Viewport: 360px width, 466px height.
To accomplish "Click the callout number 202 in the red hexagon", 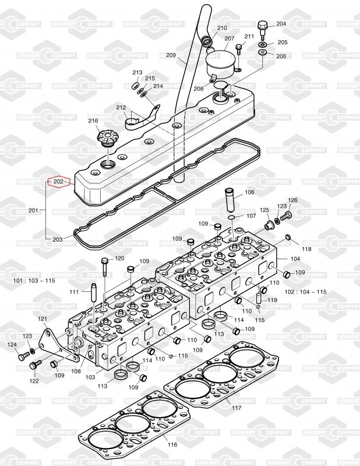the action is pyautogui.click(x=58, y=182).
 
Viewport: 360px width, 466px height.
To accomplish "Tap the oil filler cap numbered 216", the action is pyautogui.click(x=107, y=138).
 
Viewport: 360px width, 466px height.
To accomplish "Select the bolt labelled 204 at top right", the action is pyautogui.click(x=263, y=30).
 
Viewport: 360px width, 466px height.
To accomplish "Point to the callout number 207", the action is pyautogui.click(x=229, y=38).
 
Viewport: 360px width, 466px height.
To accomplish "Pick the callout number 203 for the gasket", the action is pyautogui.click(x=57, y=239).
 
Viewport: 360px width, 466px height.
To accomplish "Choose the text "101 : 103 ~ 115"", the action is pyautogui.click(x=34, y=281).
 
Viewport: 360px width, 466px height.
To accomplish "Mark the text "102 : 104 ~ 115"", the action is pyautogui.click(x=306, y=292).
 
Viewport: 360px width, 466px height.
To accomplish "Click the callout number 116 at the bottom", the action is pyautogui.click(x=172, y=444).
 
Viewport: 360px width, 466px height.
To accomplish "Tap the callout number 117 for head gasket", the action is pyautogui.click(x=237, y=408).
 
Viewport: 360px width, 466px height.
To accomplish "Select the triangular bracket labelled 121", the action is pyautogui.click(x=59, y=345).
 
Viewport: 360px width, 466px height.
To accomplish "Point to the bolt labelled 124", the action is pyautogui.click(x=23, y=356).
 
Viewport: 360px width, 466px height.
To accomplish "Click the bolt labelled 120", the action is pyautogui.click(x=105, y=267).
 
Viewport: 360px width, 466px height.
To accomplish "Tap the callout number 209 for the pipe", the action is pyautogui.click(x=171, y=55).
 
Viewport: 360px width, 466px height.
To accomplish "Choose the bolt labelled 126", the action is pyautogui.click(x=286, y=216).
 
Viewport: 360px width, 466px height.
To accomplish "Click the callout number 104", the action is pyautogui.click(x=295, y=259).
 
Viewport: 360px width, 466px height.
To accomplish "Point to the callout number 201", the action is pyautogui.click(x=33, y=210).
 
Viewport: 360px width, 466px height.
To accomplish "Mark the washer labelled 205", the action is pyautogui.click(x=263, y=45).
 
